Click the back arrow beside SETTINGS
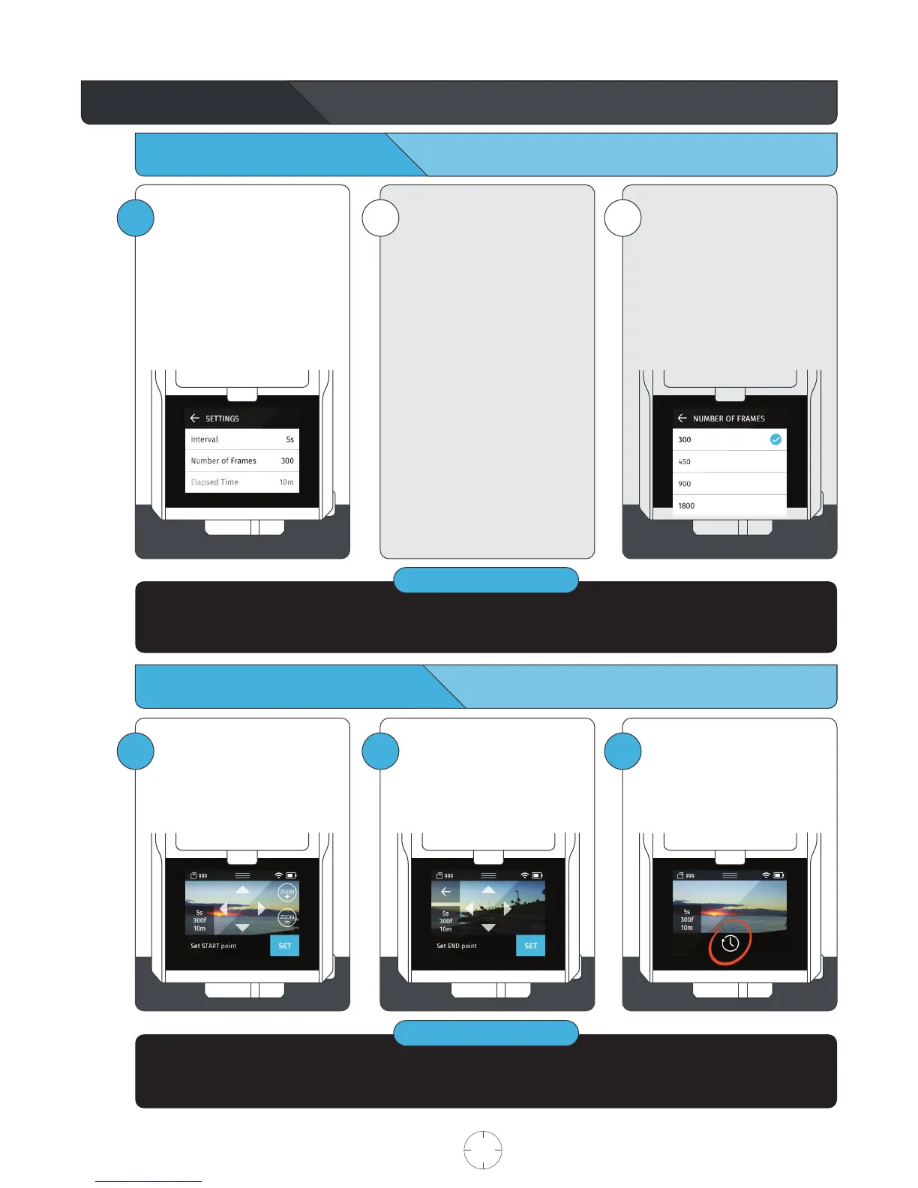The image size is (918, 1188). click(x=195, y=418)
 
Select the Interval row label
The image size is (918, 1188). click(x=204, y=439)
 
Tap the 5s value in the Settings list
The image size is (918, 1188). click(x=289, y=439)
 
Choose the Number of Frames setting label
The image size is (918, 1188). click(x=223, y=460)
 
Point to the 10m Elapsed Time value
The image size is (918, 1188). click(x=286, y=482)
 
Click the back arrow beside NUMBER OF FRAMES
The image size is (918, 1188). click(x=682, y=418)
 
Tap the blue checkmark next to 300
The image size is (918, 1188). click(x=775, y=439)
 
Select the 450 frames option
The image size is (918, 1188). click(x=685, y=462)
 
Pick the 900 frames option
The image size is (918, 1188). click(x=685, y=484)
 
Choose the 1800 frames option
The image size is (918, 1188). click(x=686, y=505)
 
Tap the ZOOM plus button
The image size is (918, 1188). click(x=287, y=893)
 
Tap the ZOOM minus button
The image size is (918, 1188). click(x=287, y=917)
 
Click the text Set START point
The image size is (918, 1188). click(x=213, y=946)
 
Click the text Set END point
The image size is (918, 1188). click(x=457, y=946)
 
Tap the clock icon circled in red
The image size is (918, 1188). click(x=730, y=943)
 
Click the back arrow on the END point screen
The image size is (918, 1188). click(x=445, y=892)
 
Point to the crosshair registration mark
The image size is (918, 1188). click(x=483, y=1150)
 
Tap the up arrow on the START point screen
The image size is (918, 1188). click(x=242, y=889)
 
